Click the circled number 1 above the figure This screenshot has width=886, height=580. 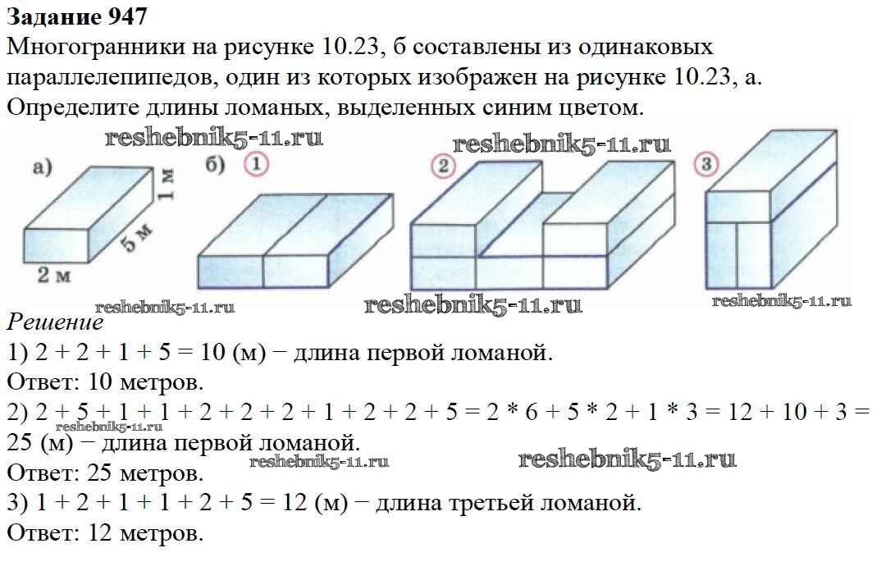pyautogui.click(x=256, y=165)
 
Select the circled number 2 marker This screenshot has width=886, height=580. pyautogui.click(x=443, y=167)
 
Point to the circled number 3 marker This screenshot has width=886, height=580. pyautogui.click(x=705, y=164)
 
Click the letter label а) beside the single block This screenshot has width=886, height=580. pyautogui.click(x=42, y=168)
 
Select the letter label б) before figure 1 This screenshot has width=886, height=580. pyautogui.click(x=215, y=165)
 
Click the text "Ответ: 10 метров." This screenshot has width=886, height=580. pyautogui.click(x=104, y=382)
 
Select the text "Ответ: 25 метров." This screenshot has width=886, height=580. pyautogui.click(x=104, y=473)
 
